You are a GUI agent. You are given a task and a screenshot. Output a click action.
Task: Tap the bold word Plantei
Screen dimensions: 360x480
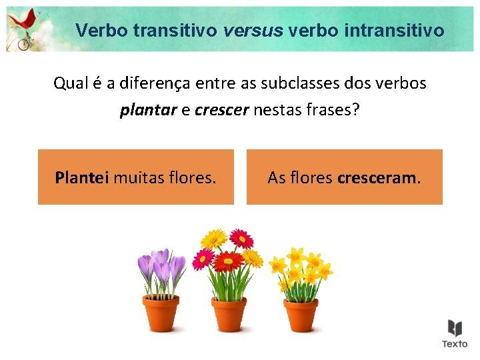(82, 177)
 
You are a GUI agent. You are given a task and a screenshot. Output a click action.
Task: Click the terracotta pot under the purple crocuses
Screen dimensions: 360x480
(161, 314)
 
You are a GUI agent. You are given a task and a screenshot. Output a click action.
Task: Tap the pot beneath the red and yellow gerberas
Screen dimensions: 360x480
(229, 314)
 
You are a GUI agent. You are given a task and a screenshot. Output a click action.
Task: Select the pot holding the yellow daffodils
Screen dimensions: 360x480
(300, 314)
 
